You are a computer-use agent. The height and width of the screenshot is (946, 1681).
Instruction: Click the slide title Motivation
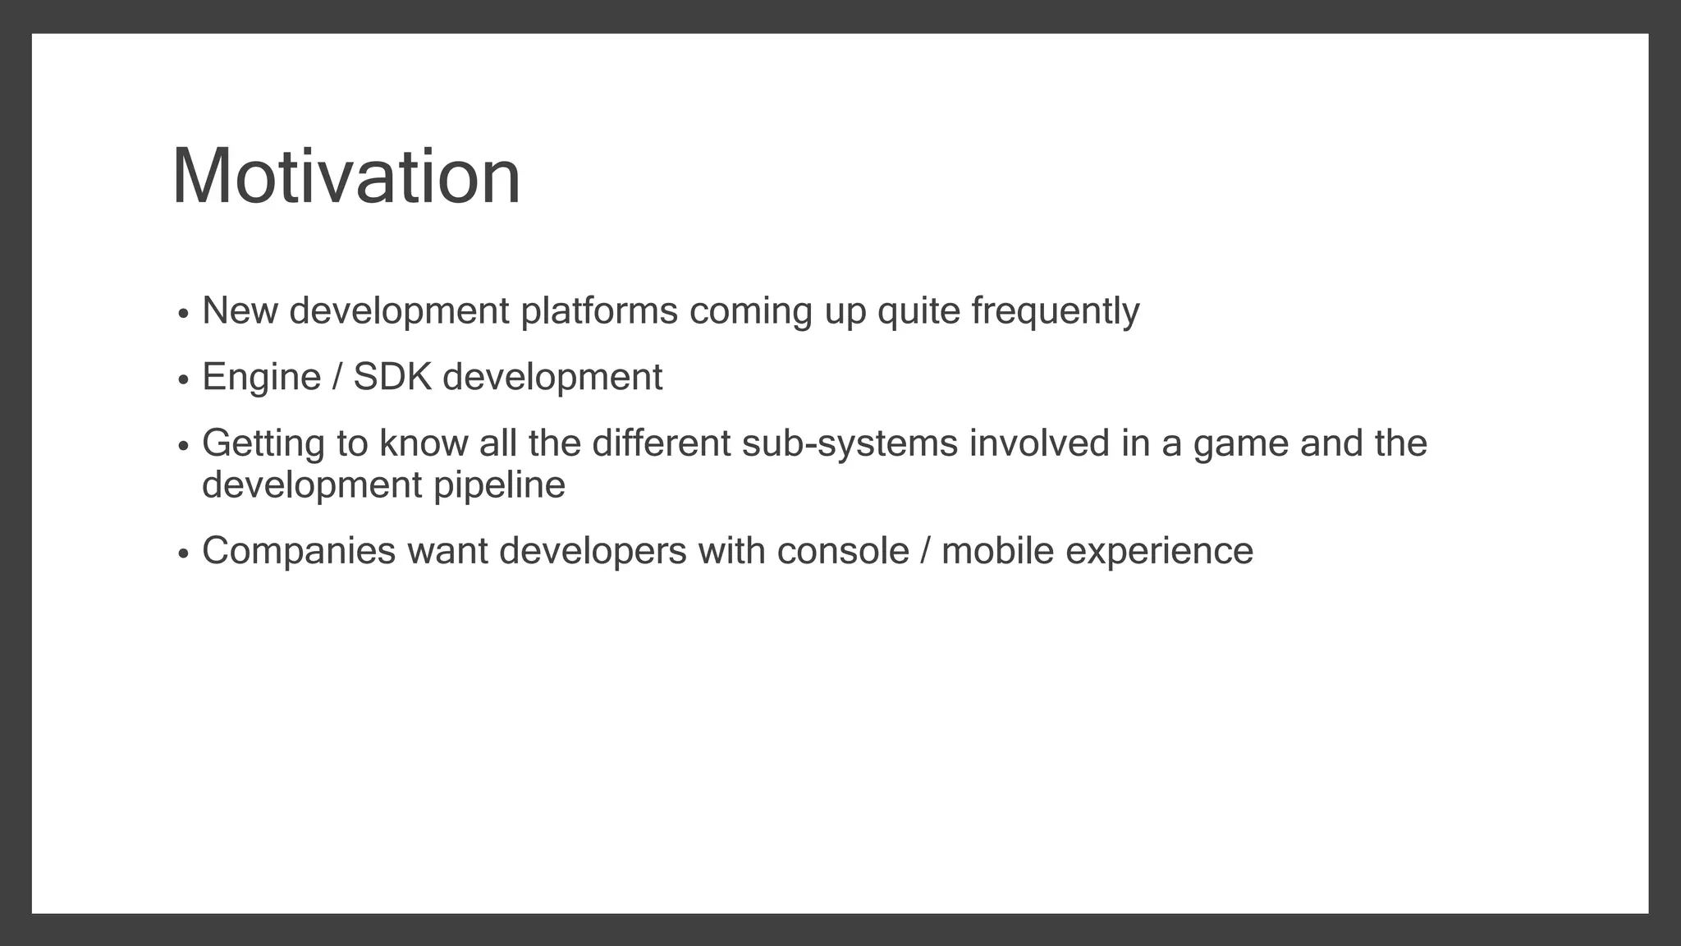(346, 177)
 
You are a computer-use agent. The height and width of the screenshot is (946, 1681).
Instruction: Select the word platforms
(599, 311)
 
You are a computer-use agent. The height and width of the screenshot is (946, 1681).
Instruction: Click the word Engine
(261, 378)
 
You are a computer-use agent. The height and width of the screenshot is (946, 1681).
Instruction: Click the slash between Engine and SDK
(337, 378)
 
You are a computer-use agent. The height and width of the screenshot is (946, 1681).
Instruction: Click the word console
(843, 551)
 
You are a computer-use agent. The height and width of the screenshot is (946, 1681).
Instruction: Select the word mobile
(997, 551)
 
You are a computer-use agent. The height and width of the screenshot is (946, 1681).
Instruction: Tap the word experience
(1159, 551)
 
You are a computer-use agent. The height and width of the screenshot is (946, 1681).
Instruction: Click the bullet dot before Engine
(183, 380)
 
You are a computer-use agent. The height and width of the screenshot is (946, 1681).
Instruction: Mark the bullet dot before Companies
(183, 553)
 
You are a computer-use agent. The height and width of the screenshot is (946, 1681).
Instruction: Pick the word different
(661, 444)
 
